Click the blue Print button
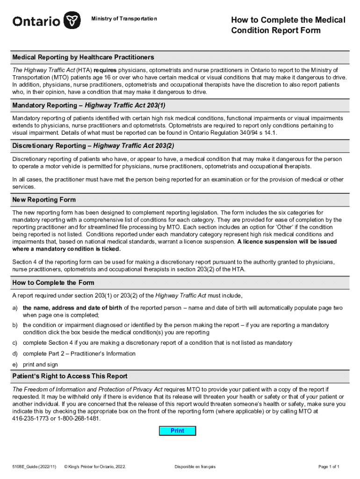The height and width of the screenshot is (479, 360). [x=178, y=431]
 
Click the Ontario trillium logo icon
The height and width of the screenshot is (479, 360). [x=71, y=20]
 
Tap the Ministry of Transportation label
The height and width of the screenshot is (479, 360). [x=124, y=19]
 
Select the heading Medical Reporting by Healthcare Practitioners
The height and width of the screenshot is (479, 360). [x=83, y=57]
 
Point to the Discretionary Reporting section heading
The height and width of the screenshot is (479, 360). [x=93, y=145]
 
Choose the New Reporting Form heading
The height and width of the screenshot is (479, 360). [x=44, y=200]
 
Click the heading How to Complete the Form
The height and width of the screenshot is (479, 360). [x=53, y=283]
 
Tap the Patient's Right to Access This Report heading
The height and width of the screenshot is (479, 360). [x=70, y=376]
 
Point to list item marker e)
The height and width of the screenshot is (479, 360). [x=15, y=364]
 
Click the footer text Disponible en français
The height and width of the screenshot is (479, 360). [x=195, y=467]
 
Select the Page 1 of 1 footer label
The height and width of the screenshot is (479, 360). [x=328, y=467]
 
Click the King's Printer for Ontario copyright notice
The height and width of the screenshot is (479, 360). [x=98, y=467]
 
